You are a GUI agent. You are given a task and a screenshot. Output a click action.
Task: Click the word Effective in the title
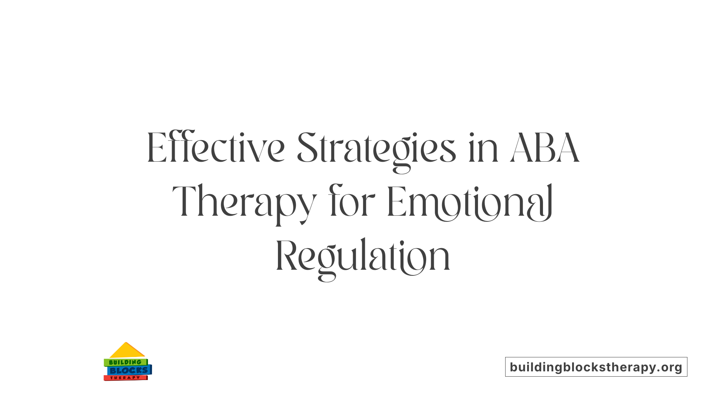pyautogui.click(x=216, y=148)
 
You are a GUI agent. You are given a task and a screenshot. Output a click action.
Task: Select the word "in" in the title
pyautogui.click(x=483, y=148)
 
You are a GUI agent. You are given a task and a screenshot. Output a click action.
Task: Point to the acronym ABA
pyautogui.click(x=544, y=148)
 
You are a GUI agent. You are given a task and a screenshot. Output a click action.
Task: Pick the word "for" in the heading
pyautogui.click(x=352, y=202)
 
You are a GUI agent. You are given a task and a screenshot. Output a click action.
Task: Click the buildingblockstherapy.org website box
pyautogui.click(x=596, y=367)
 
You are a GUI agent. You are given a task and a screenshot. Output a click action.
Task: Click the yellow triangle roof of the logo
pyautogui.click(x=127, y=351)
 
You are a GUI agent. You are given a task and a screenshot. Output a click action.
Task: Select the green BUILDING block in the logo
pyautogui.click(x=125, y=362)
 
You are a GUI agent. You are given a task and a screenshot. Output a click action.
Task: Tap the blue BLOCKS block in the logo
pyautogui.click(x=129, y=371)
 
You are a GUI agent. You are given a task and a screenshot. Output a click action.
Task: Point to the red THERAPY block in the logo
pyautogui.click(x=125, y=378)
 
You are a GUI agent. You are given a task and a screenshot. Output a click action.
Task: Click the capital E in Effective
pyautogui.click(x=157, y=148)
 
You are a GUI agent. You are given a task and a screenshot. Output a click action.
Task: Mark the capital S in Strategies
pyautogui.click(x=306, y=148)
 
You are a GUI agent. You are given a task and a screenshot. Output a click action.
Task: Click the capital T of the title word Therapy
pyautogui.click(x=185, y=202)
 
